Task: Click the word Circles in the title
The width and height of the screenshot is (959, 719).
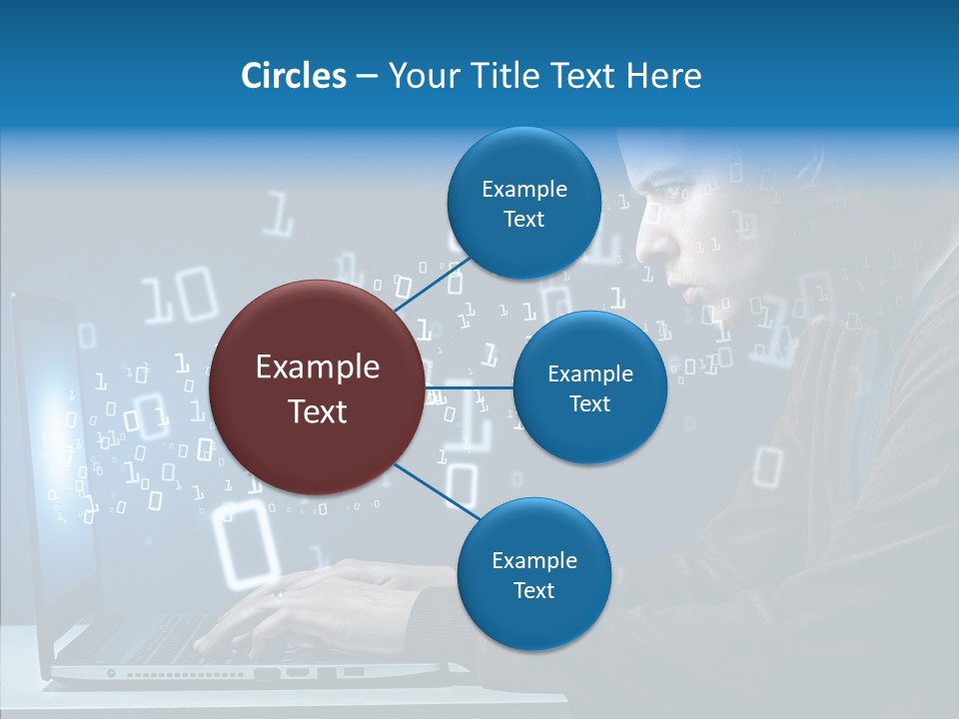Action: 293,76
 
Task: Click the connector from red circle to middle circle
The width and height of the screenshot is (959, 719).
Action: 470,387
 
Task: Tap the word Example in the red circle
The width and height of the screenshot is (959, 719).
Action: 317,367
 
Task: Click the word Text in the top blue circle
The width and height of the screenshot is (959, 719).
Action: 523,220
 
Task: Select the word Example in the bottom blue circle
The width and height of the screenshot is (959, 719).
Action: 533,561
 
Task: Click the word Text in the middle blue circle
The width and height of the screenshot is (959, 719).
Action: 589,404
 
